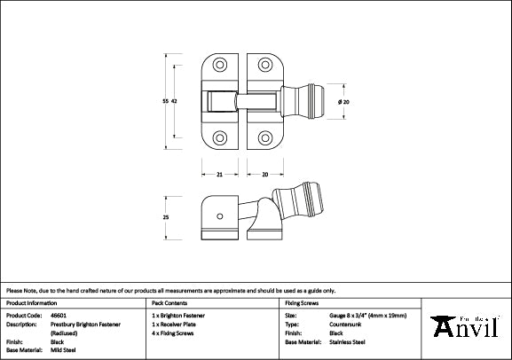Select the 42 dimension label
[175, 102]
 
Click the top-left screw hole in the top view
[219, 67]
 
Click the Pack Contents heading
[170, 302]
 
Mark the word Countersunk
[343, 323]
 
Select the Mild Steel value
[62, 348]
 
